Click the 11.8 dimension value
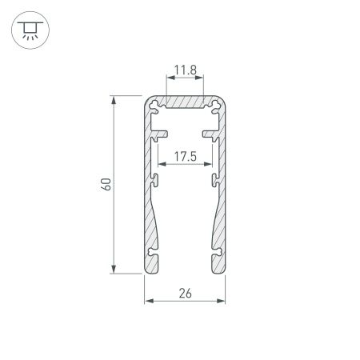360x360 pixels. [184, 70]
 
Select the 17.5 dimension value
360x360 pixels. [184, 156]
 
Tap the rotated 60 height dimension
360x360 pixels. [105, 185]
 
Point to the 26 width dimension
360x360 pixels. [184, 293]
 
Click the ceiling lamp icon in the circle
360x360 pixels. [28, 29]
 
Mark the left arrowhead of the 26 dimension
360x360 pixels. [148, 301]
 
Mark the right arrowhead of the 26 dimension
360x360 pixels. [221, 301]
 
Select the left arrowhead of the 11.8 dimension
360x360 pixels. [169, 78]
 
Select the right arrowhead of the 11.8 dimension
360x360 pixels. [200, 78]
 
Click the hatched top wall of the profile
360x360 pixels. [184, 104]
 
